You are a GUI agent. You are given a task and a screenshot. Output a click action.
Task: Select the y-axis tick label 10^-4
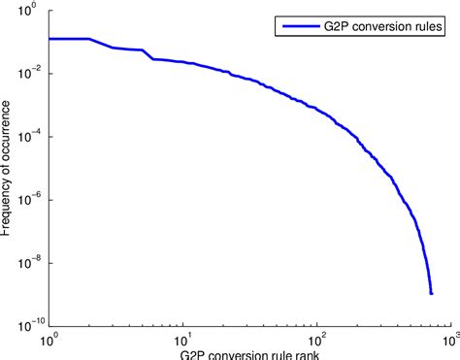tap(27, 138)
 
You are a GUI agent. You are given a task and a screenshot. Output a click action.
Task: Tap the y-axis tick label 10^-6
tap(27, 200)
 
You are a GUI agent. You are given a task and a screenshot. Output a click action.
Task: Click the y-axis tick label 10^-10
tap(25, 326)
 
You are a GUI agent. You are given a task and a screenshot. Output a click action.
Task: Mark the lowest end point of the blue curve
tap(431, 292)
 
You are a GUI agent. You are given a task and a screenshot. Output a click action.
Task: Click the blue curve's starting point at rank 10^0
tap(49, 39)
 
